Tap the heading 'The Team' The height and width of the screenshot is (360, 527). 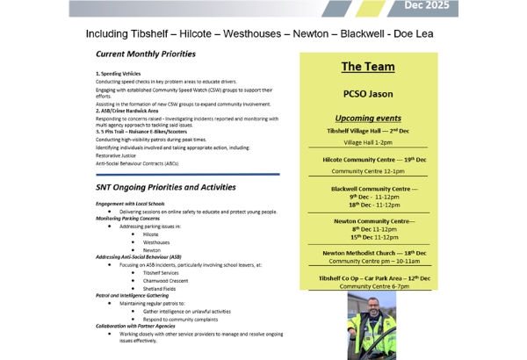tap(368, 67)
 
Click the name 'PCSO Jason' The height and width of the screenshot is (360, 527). tap(368, 93)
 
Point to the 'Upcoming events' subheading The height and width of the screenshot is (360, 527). tap(368, 118)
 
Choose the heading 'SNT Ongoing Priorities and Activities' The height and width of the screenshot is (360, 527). tap(166, 187)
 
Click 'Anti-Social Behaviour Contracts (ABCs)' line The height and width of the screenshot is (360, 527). tap(137, 163)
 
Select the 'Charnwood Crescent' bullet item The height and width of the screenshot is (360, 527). tap(168, 280)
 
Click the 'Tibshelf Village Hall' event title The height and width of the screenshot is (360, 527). tap(368, 130)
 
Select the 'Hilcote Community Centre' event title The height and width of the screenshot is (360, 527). tap(368, 159)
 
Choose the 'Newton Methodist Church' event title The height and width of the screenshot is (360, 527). tap(368, 252)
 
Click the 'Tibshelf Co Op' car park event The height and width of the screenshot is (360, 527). tap(368, 277)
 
